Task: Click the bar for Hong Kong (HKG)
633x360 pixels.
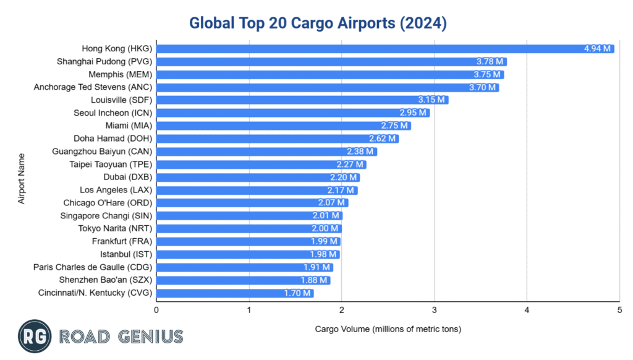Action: click(371, 49)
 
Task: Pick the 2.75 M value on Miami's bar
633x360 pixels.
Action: click(394, 126)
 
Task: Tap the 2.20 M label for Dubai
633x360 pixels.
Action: click(343, 178)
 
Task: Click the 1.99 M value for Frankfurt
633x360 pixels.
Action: click(324, 241)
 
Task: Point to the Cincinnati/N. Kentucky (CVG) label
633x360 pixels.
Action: click(95, 293)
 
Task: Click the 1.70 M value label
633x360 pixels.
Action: click(297, 293)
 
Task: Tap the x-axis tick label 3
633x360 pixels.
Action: click(435, 310)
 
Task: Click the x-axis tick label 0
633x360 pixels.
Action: click(157, 310)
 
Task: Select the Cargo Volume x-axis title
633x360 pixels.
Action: click(388, 328)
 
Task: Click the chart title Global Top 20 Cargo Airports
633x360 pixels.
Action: click(317, 23)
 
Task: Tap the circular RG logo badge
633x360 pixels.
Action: click(34, 336)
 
